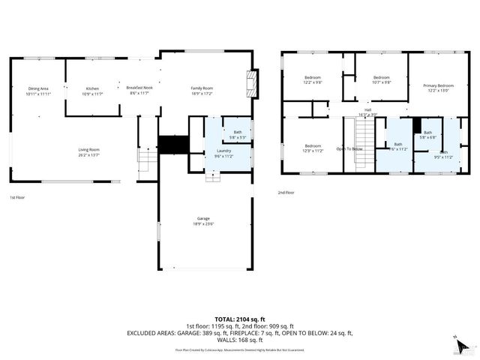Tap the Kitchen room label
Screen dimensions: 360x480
tap(92, 91)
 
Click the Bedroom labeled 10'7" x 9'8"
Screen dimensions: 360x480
tap(382, 79)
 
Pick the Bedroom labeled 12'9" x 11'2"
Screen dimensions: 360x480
tap(313, 148)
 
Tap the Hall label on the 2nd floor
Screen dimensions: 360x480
tap(367, 112)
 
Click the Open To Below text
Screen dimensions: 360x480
tap(349, 148)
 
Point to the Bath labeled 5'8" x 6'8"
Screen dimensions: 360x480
tap(427, 135)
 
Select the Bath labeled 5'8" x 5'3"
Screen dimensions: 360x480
tap(238, 135)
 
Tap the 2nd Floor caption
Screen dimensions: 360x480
tap(286, 192)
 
